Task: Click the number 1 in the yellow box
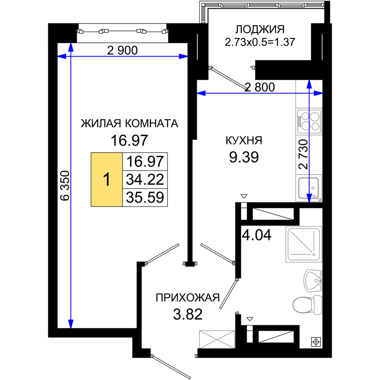107,180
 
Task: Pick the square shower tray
303,244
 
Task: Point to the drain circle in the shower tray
314,254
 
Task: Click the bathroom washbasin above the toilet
313,280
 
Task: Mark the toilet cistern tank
317,305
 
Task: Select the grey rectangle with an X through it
217,339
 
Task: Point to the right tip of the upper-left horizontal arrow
185,57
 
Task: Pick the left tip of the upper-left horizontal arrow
60,57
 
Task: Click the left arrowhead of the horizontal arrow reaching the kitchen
199,93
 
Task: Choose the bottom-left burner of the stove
305,126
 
